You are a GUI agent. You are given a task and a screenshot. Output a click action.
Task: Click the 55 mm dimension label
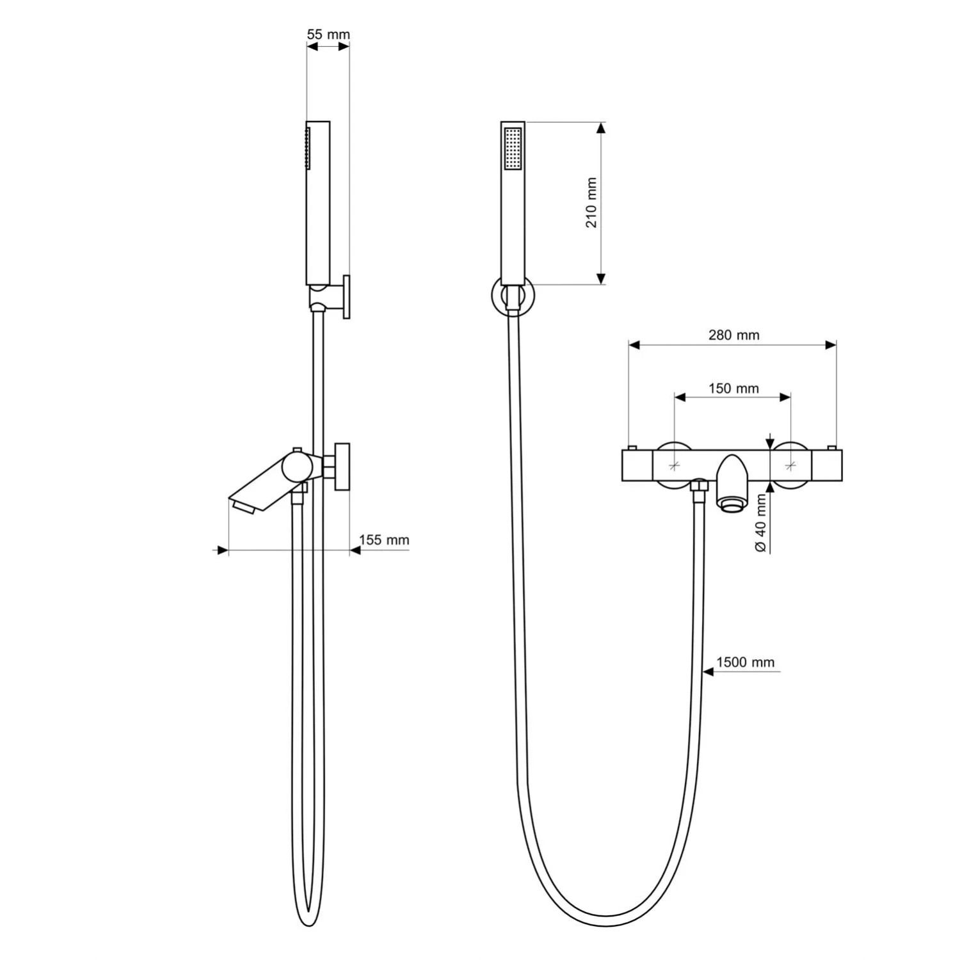tap(328, 35)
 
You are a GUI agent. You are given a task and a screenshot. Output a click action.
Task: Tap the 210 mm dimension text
tap(591, 203)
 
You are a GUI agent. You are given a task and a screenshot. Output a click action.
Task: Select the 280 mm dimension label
tap(733, 335)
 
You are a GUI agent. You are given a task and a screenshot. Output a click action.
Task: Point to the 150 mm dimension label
tap(733, 388)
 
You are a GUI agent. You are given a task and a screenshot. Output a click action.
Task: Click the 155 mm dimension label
tap(384, 540)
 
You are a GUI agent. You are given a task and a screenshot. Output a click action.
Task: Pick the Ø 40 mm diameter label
tap(760, 524)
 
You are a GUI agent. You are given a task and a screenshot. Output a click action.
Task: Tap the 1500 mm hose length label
tap(745, 662)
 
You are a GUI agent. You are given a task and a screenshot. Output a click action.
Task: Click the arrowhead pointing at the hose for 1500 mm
tap(708, 671)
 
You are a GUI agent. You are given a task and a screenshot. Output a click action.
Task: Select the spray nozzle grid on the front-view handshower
tap(513, 149)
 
